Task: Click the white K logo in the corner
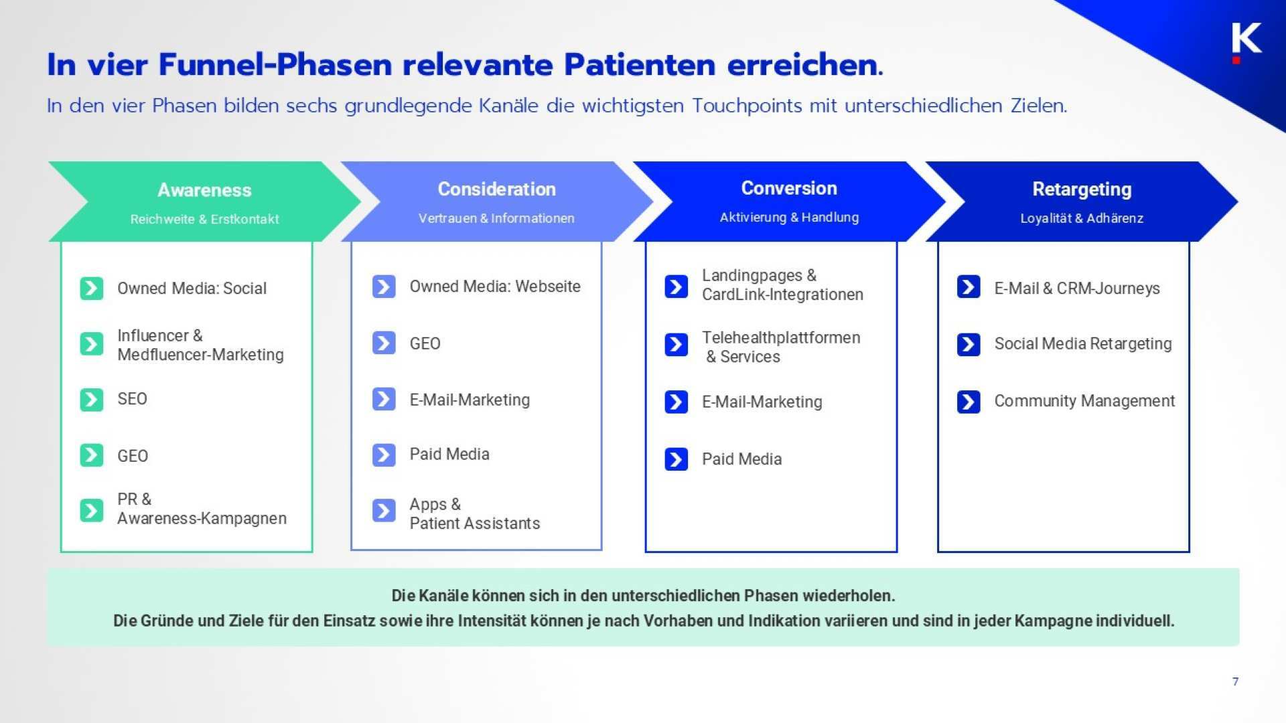pyautogui.click(x=1246, y=39)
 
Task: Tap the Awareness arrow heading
pyautogui.click(x=204, y=190)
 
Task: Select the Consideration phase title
pyautogui.click(x=496, y=189)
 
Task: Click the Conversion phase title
pyautogui.click(x=788, y=188)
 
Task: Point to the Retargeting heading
pyautogui.click(x=1081, y=189)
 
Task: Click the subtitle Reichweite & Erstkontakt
pyautogui.click(x=204, y=219)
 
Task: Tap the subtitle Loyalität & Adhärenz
pyautogui.click(x=1081, y=218)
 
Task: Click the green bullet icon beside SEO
pyautogui.click(x=92, y=400)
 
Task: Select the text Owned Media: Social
pyautogui.click(x=192, y=289)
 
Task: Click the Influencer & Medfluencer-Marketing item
pyautogui.click(x=200, y=345)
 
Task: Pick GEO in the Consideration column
pyautogui.click(x=425, y=343)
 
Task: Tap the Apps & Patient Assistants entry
pyautogui.click(x=474, y=513)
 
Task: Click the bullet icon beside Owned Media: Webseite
pyautogui.click(x=384, y=287)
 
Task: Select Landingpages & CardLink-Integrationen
pyautogui.click(x=782, y=285)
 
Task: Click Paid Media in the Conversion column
pyautogui.click(x=741, y=459)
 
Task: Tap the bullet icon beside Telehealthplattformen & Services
pyautogui.click(x=676, y=345)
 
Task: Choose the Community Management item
pyautogui.click(x=1084, y=401)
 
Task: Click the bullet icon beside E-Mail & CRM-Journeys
pyautogui.click(x=969, y=287)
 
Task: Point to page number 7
pyautogui.click(x=1235, y=681)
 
